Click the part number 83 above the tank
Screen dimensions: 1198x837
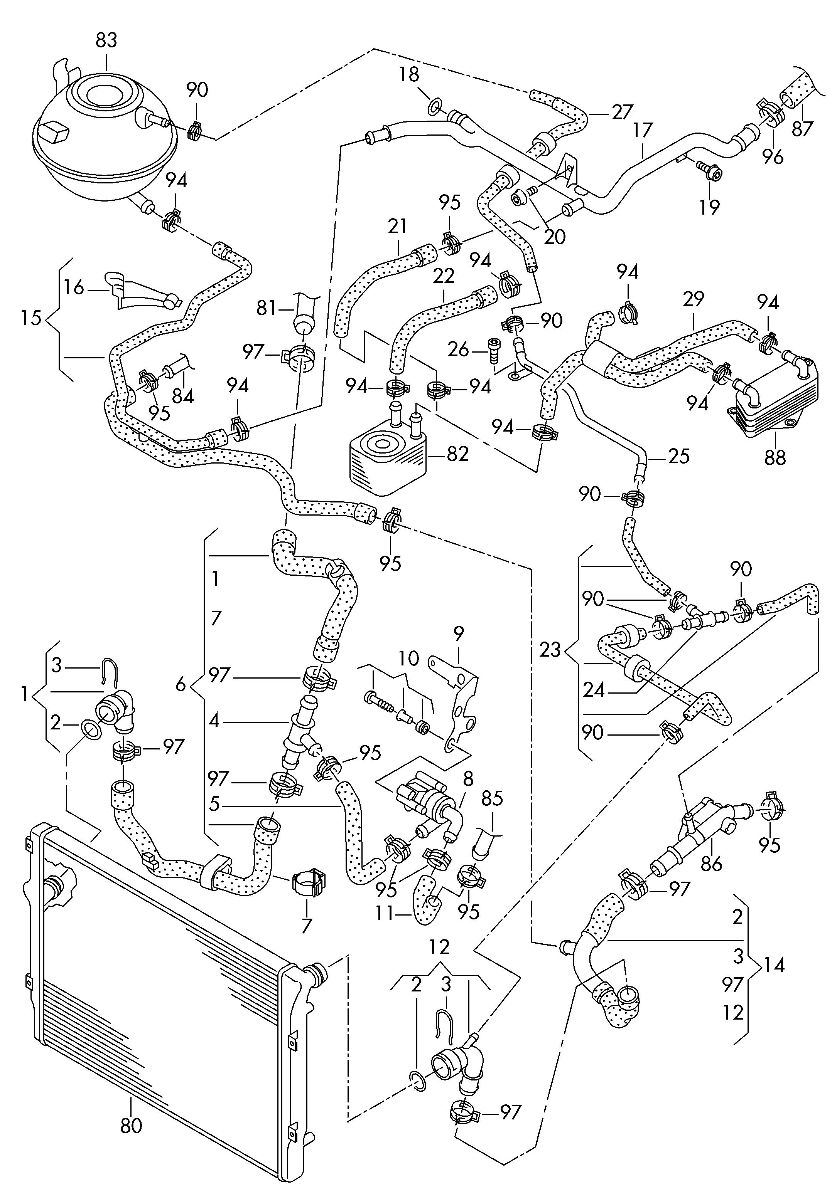(x=106, y=40)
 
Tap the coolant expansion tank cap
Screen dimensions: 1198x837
(x=104, y=97)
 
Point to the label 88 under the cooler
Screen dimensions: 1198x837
(x=775, y=458)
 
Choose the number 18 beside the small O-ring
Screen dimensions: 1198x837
(x=409, y=75)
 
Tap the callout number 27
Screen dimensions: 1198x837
(x=622, y=112)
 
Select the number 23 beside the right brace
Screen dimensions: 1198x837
(x=550, y=650)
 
